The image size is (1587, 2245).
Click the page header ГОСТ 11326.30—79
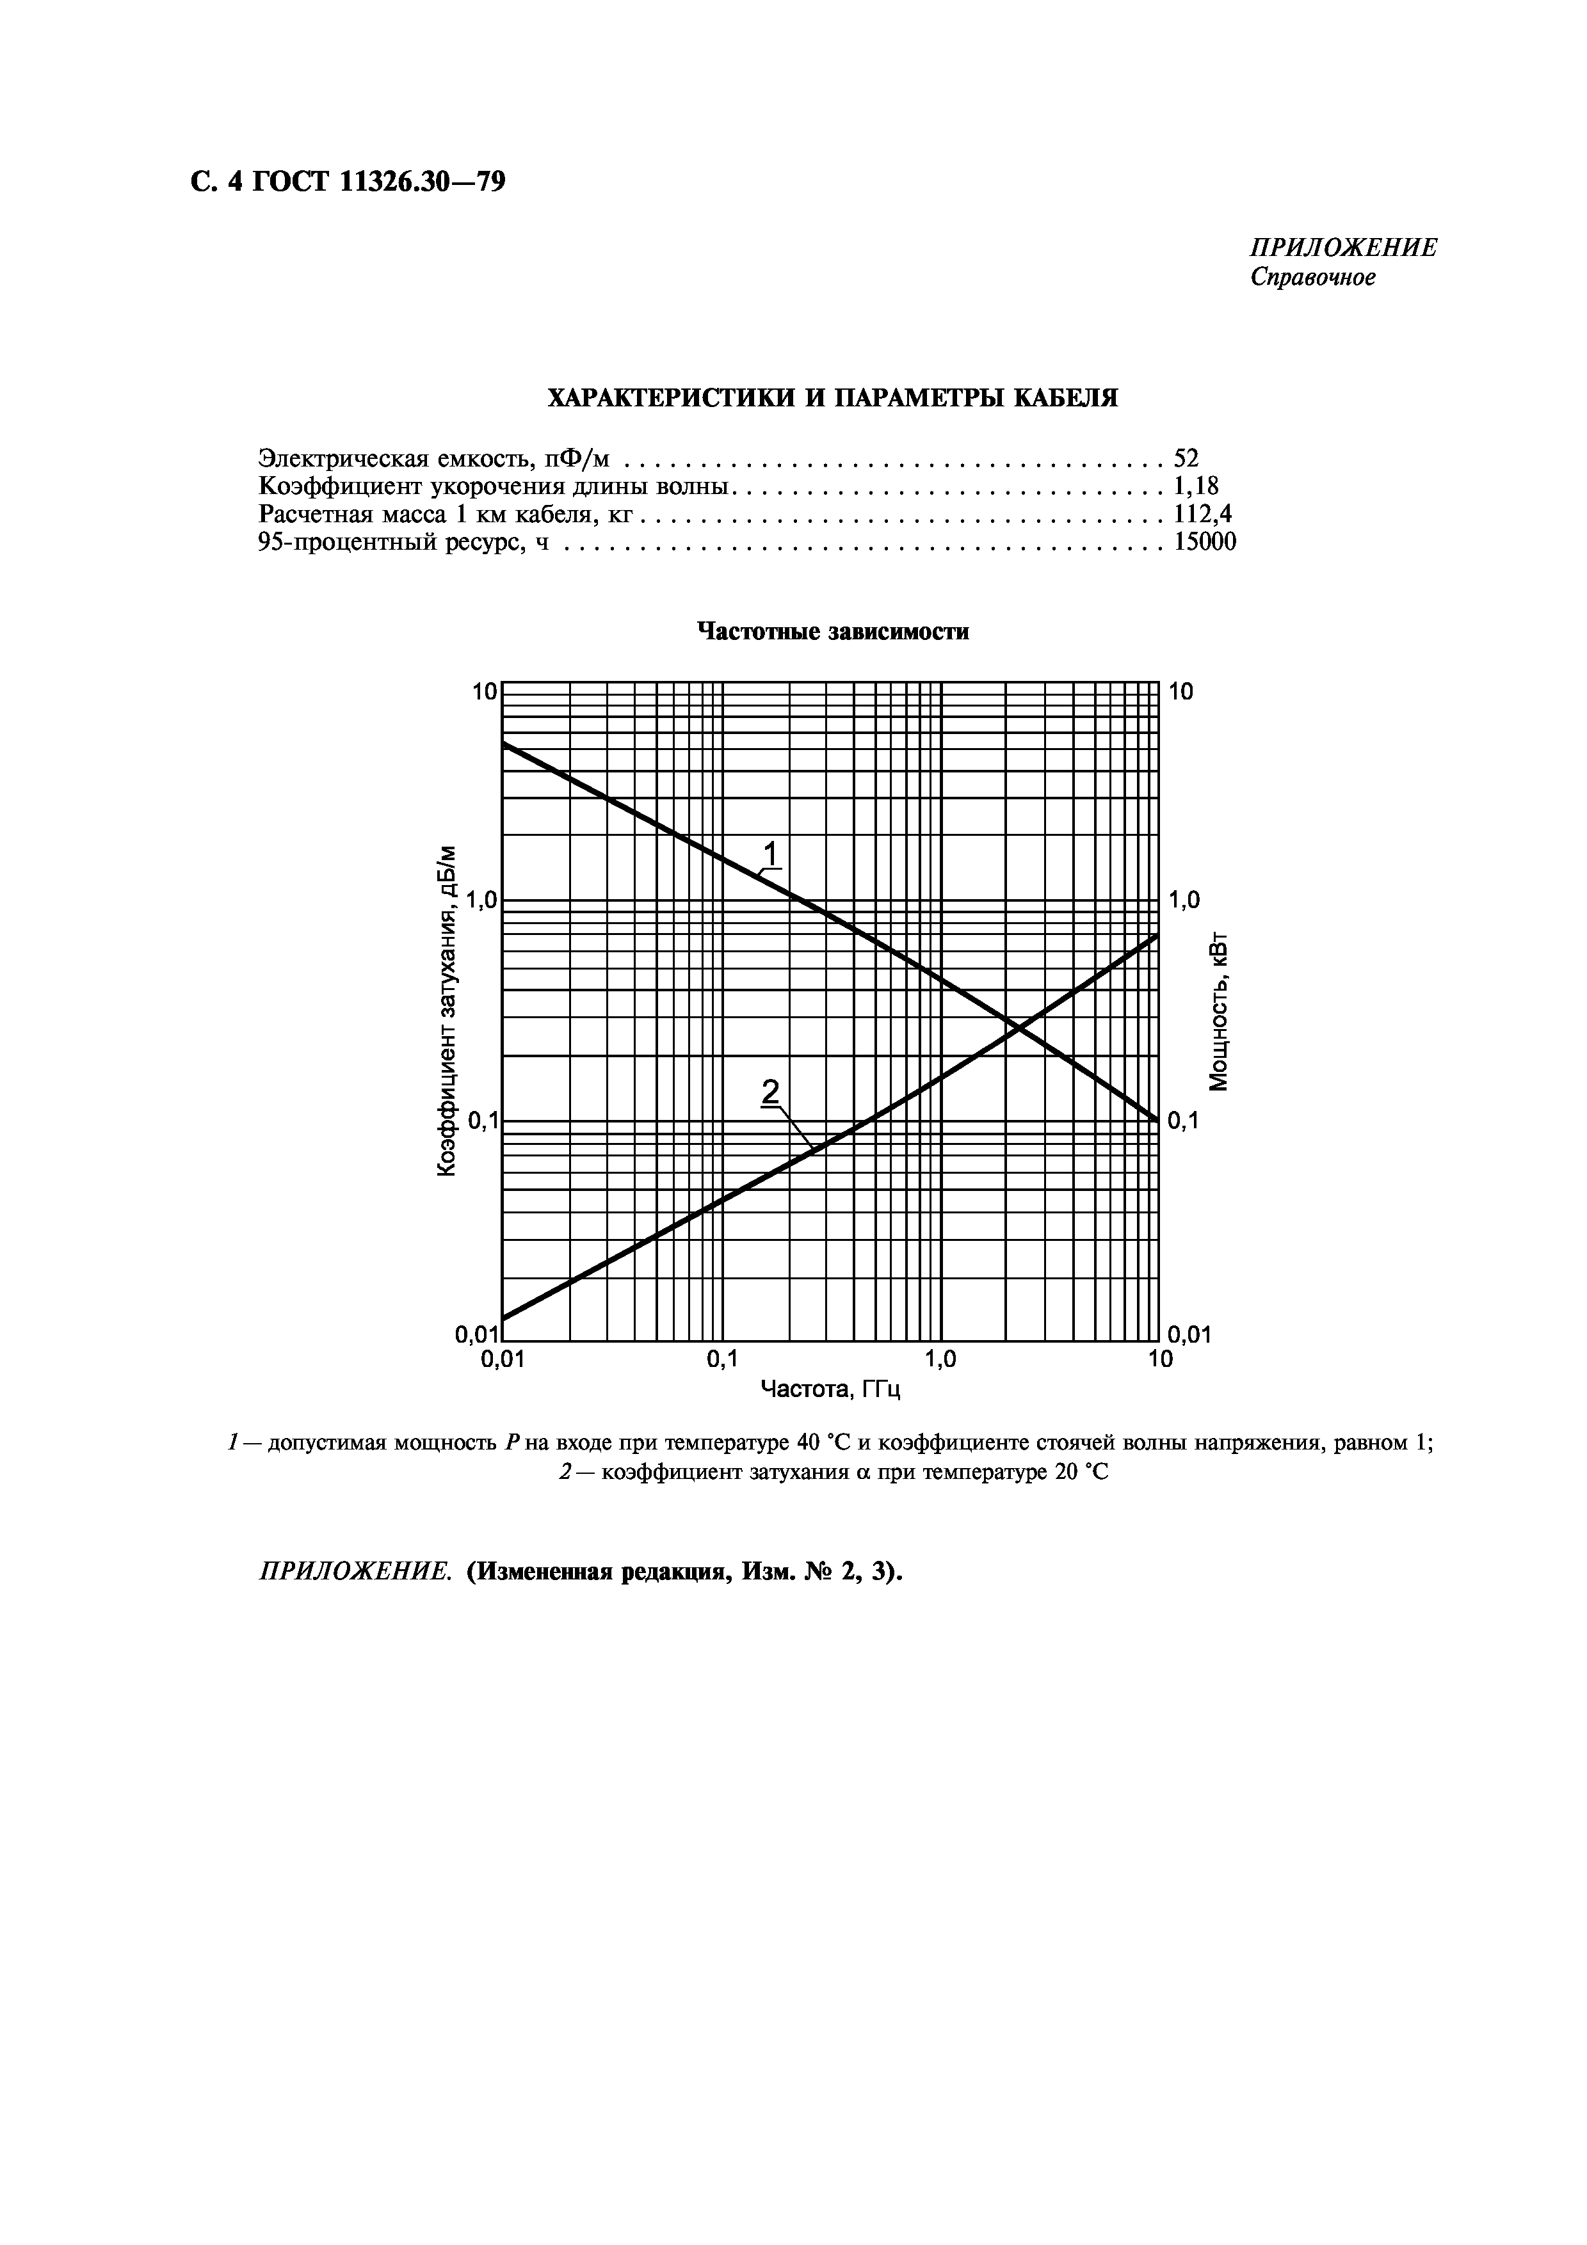(347, 182)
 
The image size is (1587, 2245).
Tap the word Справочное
(1312, 278)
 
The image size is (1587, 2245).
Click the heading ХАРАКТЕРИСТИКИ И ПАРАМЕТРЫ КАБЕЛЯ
(831, 398)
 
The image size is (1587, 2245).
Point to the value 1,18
(1196, 486)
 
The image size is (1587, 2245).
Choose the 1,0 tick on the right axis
(1185, 900)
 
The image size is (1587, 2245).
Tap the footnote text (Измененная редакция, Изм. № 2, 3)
(684, 1572)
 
